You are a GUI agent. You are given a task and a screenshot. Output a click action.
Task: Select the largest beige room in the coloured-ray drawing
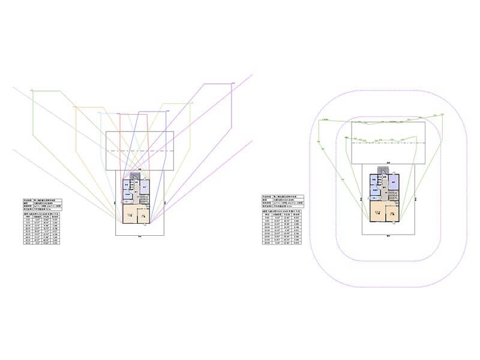pos(130,214)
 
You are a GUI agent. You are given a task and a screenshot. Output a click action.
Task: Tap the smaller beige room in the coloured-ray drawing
pos(143,215)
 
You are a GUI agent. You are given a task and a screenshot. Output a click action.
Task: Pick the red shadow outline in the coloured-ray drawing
pos(121,144)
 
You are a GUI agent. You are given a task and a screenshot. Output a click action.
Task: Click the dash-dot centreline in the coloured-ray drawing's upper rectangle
pos(139,151)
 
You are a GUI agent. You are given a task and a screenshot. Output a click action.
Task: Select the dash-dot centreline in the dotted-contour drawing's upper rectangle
pos(387,143)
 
